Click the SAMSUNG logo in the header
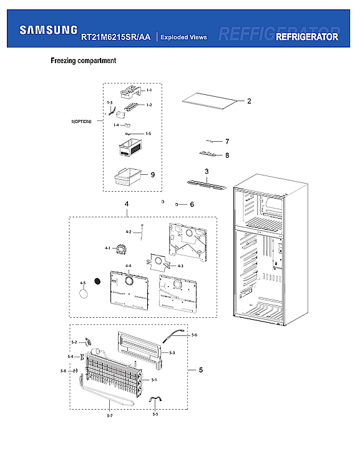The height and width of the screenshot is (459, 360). (49, 29)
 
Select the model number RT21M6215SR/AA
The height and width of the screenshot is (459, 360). (115, 37)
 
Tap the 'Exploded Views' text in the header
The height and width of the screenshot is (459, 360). (183, 37)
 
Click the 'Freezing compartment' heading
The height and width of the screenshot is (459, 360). (83, 61)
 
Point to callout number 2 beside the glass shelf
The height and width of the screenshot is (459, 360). (249, 101)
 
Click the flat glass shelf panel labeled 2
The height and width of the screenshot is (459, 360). (211, 101)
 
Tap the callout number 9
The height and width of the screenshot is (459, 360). (152, 175)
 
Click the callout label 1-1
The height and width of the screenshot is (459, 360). (149, 91)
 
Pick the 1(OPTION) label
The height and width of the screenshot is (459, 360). (81, 121)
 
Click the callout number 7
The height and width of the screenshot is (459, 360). (227, 141)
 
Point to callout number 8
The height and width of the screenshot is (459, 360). (227, 155)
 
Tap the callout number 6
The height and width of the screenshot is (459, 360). (192, 204)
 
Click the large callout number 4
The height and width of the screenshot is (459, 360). (127, 204)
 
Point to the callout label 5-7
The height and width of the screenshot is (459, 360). (110, 415)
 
